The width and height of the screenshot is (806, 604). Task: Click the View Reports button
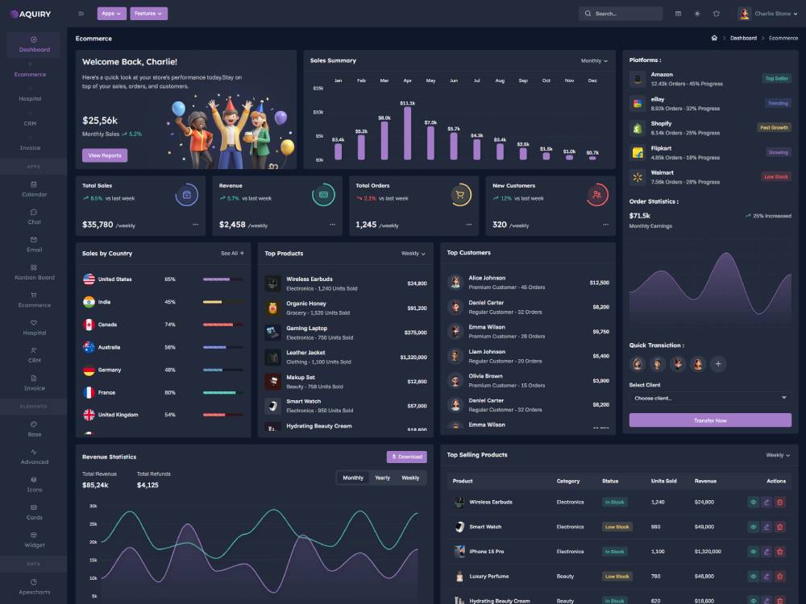[105, 155]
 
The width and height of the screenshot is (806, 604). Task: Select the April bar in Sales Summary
[407, 134]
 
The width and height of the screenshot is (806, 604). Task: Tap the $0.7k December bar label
[592, 152]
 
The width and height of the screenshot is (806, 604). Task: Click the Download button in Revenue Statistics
[406, 457]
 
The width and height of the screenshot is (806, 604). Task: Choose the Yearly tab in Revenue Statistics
[382, 478]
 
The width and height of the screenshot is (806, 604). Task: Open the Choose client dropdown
[710, 398]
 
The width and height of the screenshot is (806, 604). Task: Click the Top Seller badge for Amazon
[776, 78]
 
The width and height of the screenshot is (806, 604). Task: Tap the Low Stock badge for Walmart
[776, 176]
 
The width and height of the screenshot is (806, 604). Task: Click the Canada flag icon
[89, 325]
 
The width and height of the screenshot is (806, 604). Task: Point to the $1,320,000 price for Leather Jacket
[413, 357]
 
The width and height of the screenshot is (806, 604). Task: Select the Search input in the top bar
[621, 14]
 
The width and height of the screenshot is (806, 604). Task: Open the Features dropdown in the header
[148, 14]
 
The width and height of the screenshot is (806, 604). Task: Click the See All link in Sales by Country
[232, 253]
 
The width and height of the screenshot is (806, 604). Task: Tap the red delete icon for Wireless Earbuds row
[779, 502]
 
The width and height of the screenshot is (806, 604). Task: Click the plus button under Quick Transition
[718, 364]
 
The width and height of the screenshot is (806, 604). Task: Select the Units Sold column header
[663, 481]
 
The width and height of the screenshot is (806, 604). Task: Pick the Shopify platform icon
[638, 127]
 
